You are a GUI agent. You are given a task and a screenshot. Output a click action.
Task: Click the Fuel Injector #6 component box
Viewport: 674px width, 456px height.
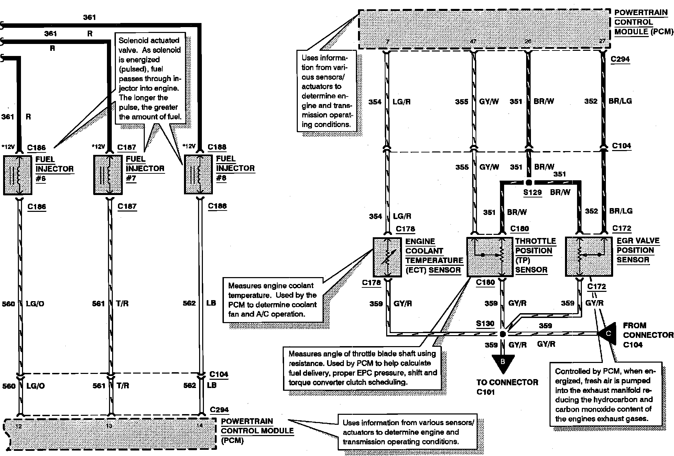click(18, 175)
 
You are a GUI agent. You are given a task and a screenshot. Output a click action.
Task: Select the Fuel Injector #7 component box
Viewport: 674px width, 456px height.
click(108, 175)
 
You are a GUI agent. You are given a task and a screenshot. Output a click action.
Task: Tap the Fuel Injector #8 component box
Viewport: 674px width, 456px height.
click(198, 174)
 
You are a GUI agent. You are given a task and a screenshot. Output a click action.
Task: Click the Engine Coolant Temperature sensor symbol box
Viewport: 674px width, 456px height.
click(387, 257)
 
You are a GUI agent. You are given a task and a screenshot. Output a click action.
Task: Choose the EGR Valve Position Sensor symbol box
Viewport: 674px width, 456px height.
click(589, 256)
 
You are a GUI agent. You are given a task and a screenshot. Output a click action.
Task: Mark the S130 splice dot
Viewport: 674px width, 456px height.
click(503, 334)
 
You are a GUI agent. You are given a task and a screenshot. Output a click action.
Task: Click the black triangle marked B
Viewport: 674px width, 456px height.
click(503, 363)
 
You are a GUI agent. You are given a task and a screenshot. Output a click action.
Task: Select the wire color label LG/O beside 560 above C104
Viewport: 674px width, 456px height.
click(35, 304)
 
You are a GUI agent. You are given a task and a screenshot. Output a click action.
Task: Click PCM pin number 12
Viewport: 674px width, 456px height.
click(19, 426)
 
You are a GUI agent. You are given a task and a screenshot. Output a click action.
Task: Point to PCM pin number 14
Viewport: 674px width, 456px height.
click(200, 426)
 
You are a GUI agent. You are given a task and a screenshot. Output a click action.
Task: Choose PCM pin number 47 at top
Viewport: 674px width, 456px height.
click(473, 42)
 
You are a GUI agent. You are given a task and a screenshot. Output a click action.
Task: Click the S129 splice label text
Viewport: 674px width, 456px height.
click(532, 192)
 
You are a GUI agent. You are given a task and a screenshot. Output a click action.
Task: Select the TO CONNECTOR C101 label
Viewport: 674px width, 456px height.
click(507, 387)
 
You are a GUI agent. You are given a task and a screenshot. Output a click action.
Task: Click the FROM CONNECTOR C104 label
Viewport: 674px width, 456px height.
click(648, 335)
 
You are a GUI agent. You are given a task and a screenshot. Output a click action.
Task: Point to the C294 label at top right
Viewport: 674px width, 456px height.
click(620, 59)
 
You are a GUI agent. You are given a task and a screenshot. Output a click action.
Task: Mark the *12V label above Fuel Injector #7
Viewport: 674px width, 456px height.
click(98, 147)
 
